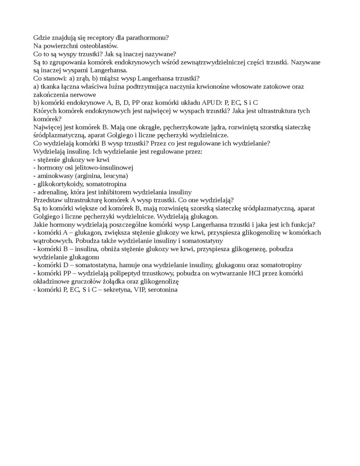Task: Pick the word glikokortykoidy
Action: pos(59,184)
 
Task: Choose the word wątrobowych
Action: pos(53,241)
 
